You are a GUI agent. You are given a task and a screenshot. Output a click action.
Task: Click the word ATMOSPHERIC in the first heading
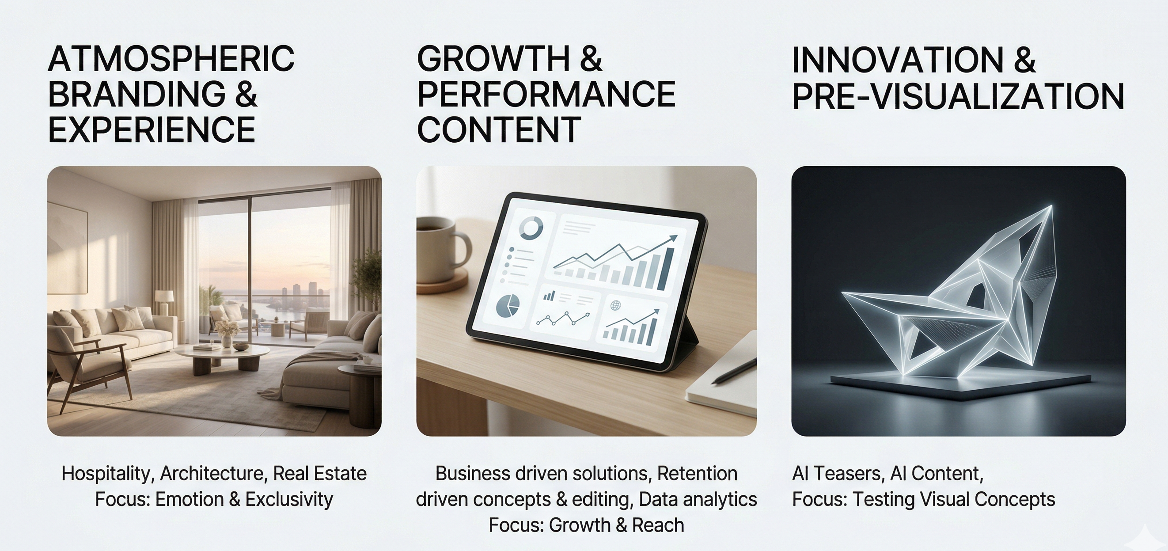pyautogui.click(x=171, y=58)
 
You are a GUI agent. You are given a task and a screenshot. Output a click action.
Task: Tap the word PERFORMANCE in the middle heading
pyautogui.click(x=546, y=94)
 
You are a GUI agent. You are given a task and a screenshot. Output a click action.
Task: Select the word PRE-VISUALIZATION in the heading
pyautogui.click(x=958, y=96)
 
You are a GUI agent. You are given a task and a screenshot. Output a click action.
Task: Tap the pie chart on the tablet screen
pyautogui.click(x=508, y=306)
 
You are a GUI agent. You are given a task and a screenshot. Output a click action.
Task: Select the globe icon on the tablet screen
pyautogui.click(x=615, y=305)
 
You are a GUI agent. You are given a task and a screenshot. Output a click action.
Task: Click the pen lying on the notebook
pyautogui.click(x=734, y=372)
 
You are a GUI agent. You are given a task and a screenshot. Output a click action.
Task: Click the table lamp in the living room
pyautogui.click(x=164, y=302)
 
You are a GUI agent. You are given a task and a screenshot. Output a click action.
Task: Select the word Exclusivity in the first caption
pyautogui.click(x=289, y=499)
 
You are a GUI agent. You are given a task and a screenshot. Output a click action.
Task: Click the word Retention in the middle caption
pyautogui.click(x=698, y=473)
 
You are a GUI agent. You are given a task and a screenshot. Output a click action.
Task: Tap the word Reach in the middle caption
pyautogui.click(x=658, y=525)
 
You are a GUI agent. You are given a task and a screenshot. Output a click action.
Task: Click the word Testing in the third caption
pyautogui.click(x=883, y=500)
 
